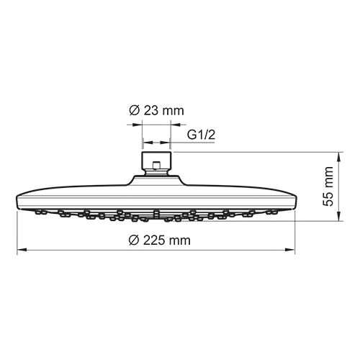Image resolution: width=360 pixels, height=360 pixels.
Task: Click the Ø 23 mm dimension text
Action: pyautogui.click(x=156, y=111)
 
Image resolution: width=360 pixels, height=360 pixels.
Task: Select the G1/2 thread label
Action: pyautogui.click(x=202, y=135)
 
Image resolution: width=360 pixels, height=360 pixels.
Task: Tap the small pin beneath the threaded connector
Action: pyautogui.click(x=156, y=171)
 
